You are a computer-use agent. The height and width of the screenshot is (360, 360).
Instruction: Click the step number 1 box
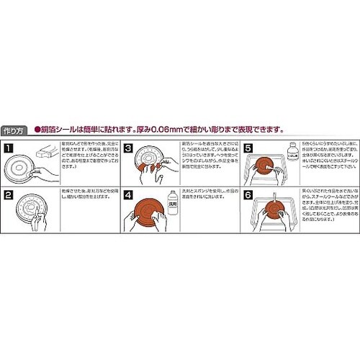[x=8, y=148]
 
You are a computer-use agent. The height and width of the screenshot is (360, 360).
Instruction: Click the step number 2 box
[x=8, y=194]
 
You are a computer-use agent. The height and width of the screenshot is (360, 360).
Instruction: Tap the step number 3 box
[x=127, y=148]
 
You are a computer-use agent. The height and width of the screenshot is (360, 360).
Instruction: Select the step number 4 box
[x=127, y=194]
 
